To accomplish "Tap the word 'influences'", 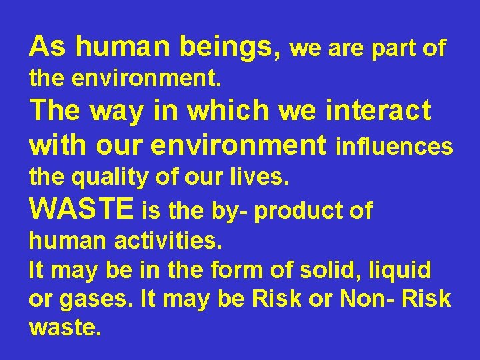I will coord(395,146).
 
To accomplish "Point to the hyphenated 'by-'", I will coord(230,212).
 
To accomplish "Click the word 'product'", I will coord(294,211).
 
